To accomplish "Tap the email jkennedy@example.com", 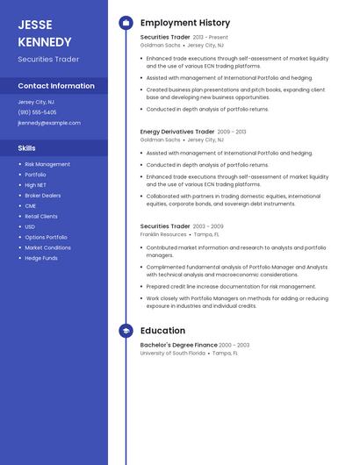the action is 49,123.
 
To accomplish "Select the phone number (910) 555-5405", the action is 37,112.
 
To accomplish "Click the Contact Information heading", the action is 56,86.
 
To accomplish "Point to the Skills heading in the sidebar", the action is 27,148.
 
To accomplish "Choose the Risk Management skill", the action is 47,164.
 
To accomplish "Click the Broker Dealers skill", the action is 43,196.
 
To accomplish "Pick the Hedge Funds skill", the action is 41,258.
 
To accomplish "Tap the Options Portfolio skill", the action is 46,237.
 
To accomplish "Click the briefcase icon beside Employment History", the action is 126,23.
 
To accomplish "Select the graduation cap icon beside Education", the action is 126,331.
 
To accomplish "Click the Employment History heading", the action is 185,23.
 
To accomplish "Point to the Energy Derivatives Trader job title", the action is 177,132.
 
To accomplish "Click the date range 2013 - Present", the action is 210,38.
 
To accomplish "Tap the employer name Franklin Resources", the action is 163,234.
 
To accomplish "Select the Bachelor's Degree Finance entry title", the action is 179,346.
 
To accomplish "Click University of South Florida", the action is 173,353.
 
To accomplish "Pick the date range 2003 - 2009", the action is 209,226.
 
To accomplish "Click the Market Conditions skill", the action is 48,247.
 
